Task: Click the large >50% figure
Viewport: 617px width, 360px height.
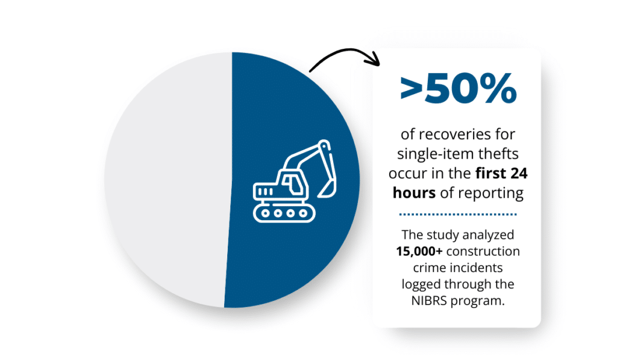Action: click(458, 89)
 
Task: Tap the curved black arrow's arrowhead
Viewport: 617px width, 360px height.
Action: click(374, 59)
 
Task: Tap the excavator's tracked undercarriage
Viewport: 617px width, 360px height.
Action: click(284, 213)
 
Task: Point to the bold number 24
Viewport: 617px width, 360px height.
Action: click(519, 174)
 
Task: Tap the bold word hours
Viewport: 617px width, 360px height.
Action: click(414, 193)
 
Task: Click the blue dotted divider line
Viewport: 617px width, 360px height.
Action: click(458, 215)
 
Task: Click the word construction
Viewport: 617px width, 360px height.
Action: click(483, 251)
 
